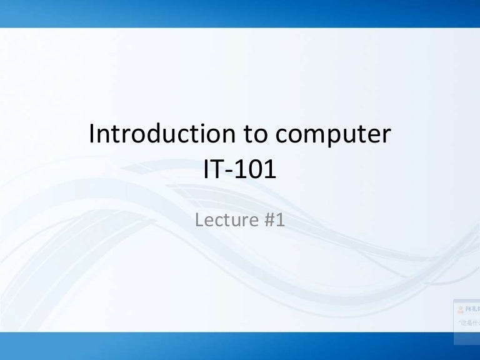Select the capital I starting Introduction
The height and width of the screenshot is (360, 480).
pyautogui.click(x=94, y=134)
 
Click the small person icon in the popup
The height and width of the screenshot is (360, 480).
pyautogui.click(x=461, y=309)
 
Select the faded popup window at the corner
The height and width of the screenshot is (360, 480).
pyautogui.click(x=466, y=316)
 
